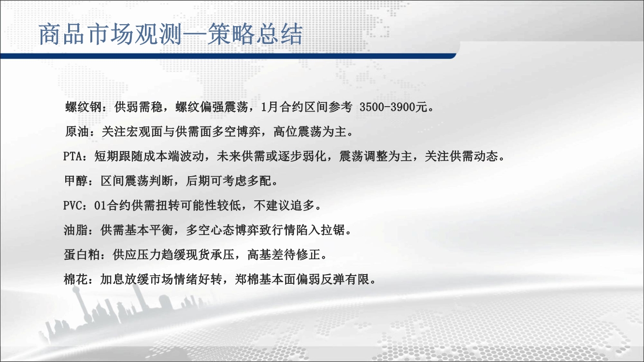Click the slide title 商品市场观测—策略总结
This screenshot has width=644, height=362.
click(171, 35)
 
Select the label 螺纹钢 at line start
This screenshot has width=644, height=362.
click(84, 107)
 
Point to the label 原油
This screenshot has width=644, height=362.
click(77, 132)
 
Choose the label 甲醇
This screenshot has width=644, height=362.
click(76, 181)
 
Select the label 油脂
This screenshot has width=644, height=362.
click(76, 230)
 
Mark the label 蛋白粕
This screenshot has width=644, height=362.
click(82, 255)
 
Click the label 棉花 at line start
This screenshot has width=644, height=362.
click(76, 279)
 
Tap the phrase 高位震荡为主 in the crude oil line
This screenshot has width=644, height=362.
click(310, 132)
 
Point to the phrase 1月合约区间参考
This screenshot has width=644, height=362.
click(306, 107)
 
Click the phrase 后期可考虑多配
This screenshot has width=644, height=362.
click(229, 181)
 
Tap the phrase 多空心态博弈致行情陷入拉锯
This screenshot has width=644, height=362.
click(265, 230)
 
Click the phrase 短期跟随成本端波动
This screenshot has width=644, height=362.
click(149, 156)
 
